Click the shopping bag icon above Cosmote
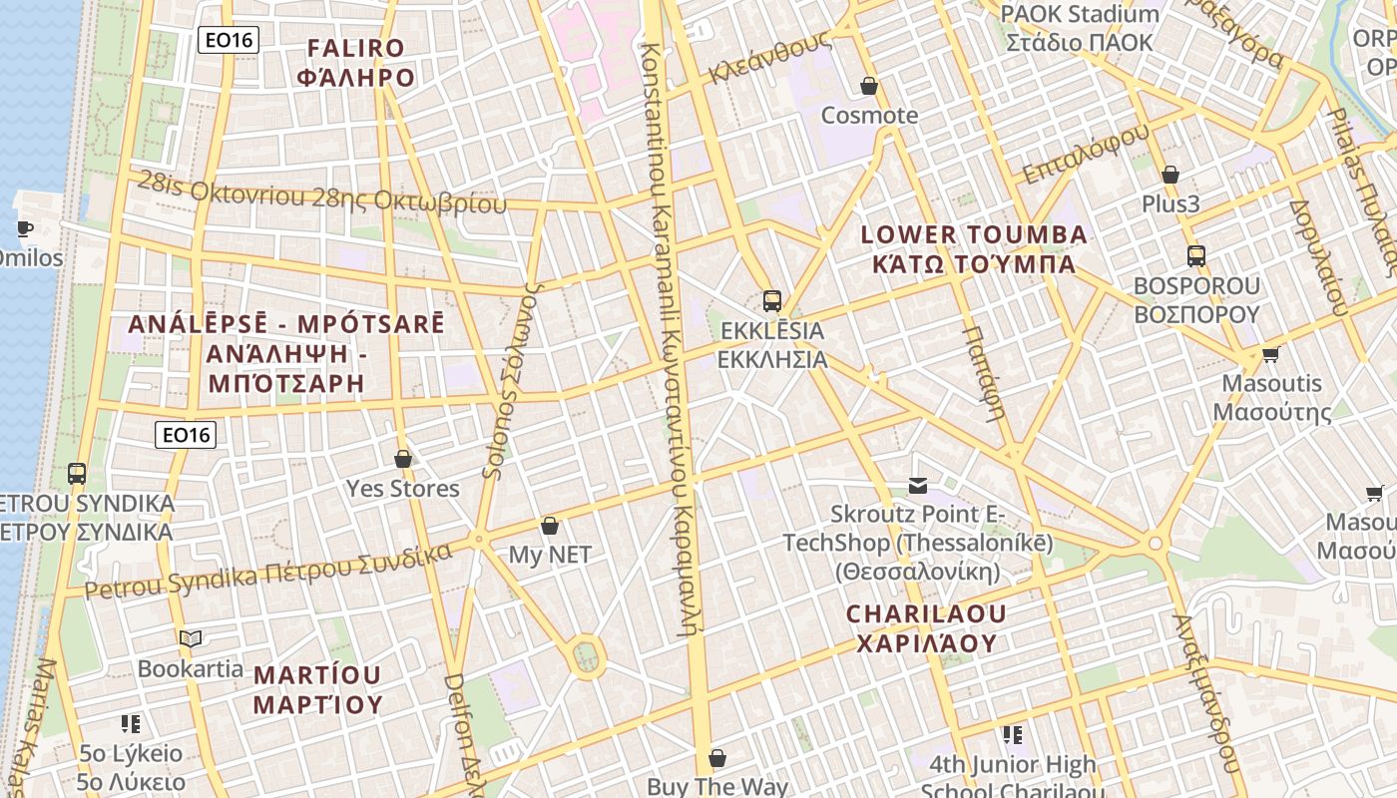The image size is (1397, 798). (x=869, y=86)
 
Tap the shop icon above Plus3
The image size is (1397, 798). (x=1170, y=176)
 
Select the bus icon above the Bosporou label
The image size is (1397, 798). (x=1196, y=256)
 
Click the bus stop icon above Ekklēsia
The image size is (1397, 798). (x=771, y=300)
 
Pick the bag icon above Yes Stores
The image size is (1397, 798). (x=403, y=459)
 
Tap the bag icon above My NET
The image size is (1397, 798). (x=549, y=526)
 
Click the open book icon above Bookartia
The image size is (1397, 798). (x=191, y=638)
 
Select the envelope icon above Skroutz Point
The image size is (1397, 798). (x=918, y=486)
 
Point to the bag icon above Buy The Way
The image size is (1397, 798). (x=716, y=759)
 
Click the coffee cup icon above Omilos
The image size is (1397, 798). (x=25, y=228)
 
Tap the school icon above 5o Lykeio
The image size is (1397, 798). (x=131, y=723)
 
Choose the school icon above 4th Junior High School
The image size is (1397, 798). (x=1013, y=735)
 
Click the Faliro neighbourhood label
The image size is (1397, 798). (x=356, y=63)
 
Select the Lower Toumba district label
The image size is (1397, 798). (x=973, y=249)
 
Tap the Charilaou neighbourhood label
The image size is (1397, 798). (x=927, y=628)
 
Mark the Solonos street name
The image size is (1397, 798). (x=511, y=379)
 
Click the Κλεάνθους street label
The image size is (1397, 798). (x=769, y=57)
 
